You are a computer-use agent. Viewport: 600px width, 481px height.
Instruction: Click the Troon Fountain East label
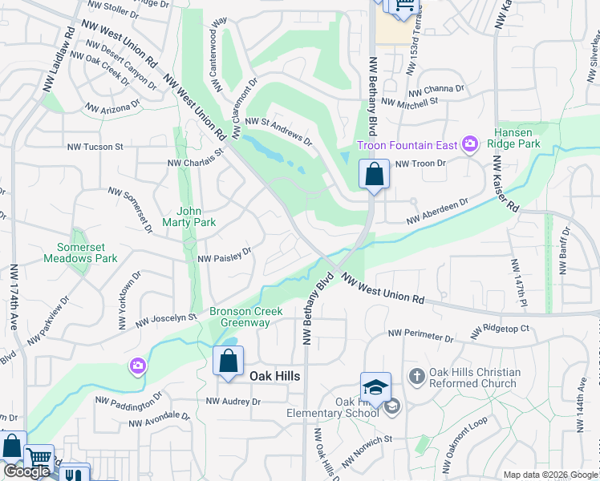click(407, 145)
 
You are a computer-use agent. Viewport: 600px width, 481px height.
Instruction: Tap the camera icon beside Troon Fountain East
click(470, 145)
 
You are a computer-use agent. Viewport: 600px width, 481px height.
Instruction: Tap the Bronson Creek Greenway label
click(240, 317)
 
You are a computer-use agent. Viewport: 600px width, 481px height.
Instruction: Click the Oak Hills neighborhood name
click(274, 376)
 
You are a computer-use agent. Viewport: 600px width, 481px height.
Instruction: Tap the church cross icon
click(416, 375)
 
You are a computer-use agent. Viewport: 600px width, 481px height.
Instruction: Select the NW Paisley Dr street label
click(225, 255)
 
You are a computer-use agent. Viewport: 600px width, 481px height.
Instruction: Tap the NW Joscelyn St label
click(166, 319)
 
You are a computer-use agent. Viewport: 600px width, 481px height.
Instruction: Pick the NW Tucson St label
click(95, 147)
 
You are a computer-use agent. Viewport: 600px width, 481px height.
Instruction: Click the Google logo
click(26, 472)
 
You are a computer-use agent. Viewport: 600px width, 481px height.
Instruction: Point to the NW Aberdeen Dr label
click(437, 212)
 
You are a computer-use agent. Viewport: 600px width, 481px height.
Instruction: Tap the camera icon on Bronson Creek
click(138, 366)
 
